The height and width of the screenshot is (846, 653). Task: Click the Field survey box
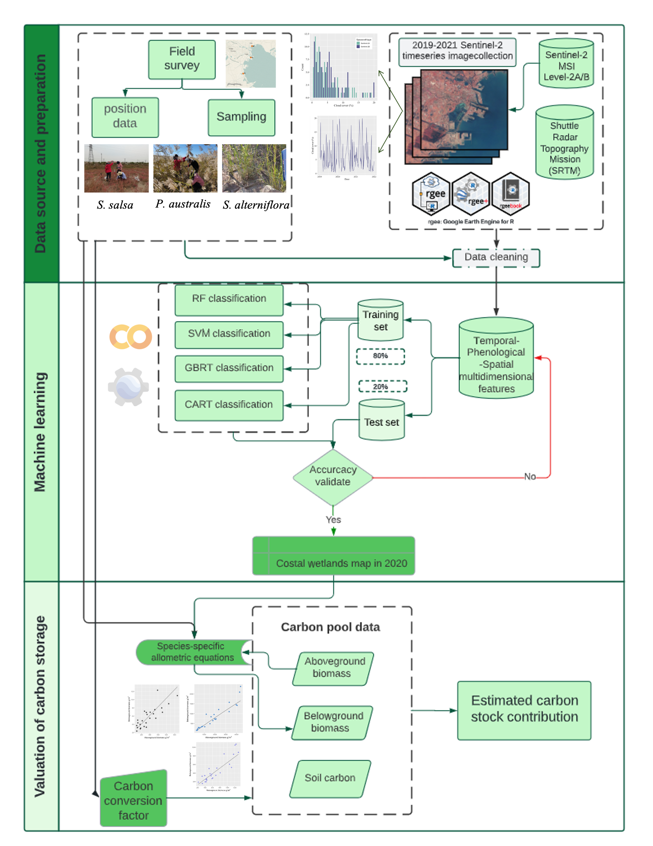coord(182,59)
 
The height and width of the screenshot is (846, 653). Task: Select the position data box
coord(125,117)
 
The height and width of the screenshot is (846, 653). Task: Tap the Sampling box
coord(241,117)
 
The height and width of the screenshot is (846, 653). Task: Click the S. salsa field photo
coord(116,168)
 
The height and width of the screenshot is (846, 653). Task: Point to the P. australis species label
coord(183,204)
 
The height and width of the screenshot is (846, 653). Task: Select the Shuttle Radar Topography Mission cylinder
coord(564,142)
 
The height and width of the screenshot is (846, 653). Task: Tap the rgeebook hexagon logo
coord(511,193)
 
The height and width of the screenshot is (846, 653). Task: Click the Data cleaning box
coord(496,258)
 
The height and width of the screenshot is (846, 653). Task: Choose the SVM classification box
coord(229,334)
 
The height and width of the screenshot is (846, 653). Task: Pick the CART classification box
coord(229,405)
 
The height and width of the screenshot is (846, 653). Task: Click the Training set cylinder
coord(380,320)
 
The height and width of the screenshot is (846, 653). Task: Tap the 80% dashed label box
coord(380,356)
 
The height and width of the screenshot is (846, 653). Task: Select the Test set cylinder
coord(381,421)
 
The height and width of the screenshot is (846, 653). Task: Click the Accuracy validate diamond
coord(333,476)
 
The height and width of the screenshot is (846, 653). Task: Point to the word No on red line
coord(529,476)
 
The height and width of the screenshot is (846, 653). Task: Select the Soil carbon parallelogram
coord(330,778)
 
